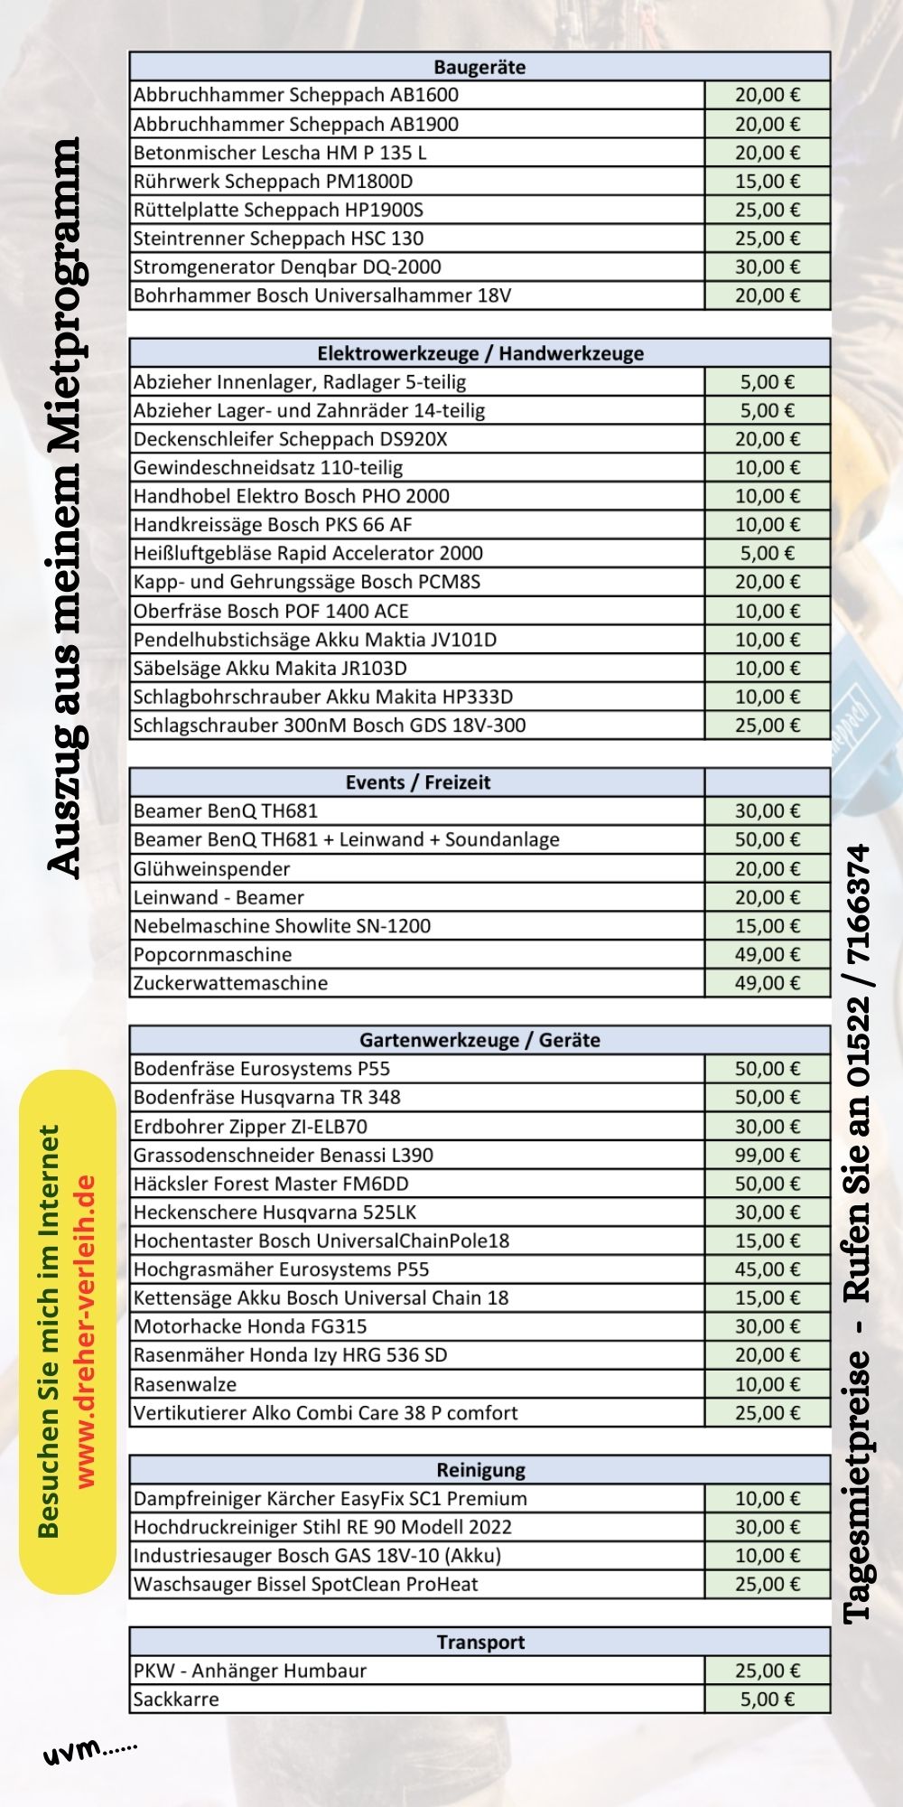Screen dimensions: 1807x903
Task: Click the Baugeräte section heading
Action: point(479,67)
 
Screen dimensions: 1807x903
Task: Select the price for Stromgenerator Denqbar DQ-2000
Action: point(767,267)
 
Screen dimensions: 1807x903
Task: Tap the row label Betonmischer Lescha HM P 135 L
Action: point(280,153)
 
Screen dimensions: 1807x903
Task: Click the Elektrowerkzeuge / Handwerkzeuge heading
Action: point(479,353)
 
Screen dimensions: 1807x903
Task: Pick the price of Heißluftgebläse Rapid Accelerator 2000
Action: point(767,553)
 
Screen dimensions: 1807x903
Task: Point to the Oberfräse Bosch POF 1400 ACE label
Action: point(271,611)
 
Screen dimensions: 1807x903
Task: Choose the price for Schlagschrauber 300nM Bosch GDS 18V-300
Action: point(767,726)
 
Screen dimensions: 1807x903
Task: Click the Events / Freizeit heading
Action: point(417,782)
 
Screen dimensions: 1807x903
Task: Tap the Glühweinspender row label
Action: point(211,869)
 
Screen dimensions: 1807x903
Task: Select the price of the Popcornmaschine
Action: point(767,955)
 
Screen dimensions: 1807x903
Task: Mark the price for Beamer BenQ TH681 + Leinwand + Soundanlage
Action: point(767,840)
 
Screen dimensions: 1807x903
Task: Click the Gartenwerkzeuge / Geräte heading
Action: point(479,1040)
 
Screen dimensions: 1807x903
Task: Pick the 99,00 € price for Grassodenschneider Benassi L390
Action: point(767,1156)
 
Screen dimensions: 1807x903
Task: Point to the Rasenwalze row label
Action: point(185,1384)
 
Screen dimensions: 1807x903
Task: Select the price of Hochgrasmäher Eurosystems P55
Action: point(767,1269)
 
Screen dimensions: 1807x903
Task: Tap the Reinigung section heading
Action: point(479,1470)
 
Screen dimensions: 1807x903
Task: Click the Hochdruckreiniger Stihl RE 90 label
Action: point(322,1527)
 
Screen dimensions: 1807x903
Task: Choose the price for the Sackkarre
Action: point(767,1699)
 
